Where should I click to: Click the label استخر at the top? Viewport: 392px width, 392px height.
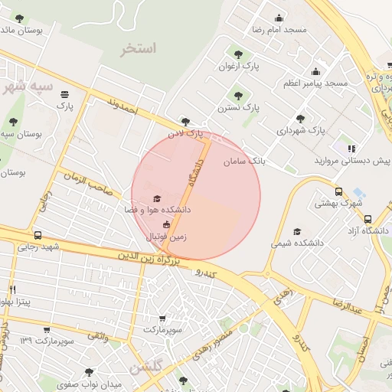[138, 49]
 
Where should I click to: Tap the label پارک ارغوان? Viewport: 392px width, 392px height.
[241, 67]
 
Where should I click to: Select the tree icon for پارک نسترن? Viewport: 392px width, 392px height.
[238, 96]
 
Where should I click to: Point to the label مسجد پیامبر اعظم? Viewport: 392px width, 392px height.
[315, 82]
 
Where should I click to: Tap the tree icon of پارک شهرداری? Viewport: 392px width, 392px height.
[299, 119]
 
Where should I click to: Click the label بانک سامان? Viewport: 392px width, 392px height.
[244, 162]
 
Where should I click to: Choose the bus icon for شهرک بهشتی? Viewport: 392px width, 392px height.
[339, 191]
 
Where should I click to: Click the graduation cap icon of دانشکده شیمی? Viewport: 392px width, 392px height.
[297, 231]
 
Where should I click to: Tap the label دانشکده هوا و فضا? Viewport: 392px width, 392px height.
[158, 209]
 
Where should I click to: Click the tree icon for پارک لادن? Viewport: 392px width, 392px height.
[185, 121]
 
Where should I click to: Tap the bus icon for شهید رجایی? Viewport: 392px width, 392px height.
[38, 236]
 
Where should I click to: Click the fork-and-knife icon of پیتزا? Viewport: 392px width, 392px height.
[12, 289]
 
